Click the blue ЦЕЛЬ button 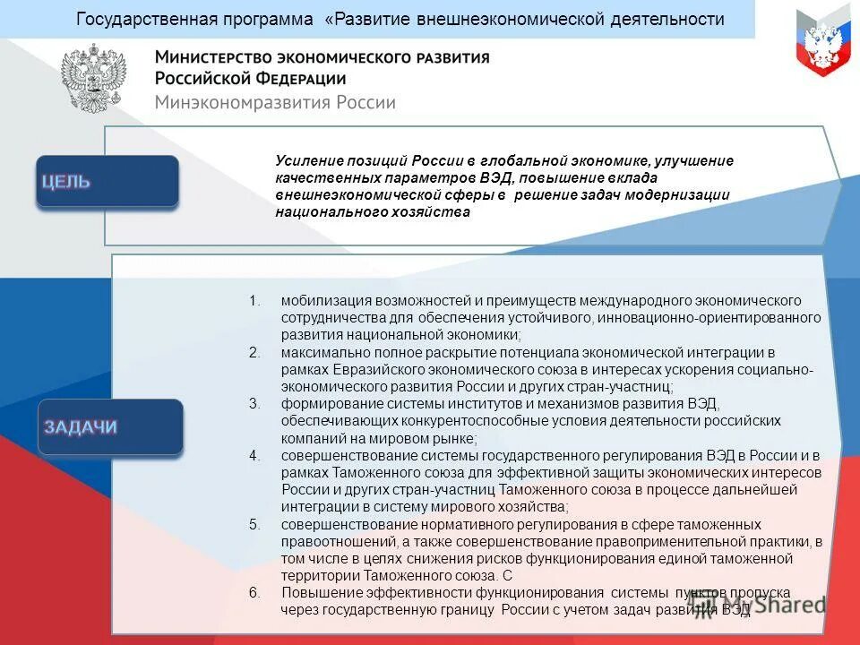tap(107, 181)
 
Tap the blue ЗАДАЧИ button tap(111, 426)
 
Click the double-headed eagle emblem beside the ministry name tap(94, 79)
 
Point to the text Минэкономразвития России tap(275, 102)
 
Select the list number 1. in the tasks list tap(254, 300)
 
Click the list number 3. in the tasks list tap(254, 403)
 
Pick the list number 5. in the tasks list tap(254, 524)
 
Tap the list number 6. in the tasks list tap(254, 593)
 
